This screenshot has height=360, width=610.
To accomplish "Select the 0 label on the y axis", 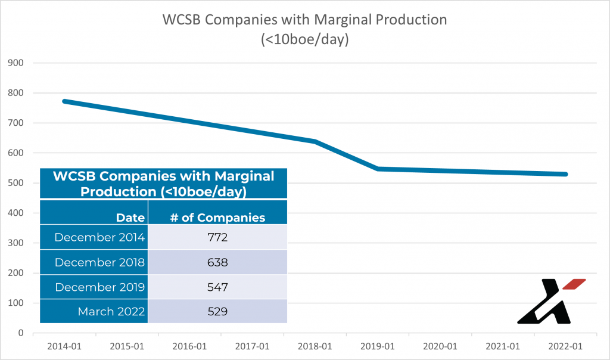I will coord(20,333).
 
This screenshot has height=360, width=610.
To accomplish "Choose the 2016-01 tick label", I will coord(188,346).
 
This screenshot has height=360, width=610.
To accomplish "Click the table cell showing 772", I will coord(217,237).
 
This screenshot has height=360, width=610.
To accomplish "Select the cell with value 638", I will coord(217,262).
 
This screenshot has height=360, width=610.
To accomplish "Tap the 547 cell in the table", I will coord(217,287).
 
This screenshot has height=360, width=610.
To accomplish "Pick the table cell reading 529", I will coord(217,311).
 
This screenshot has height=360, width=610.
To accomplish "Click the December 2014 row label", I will coord(99,237).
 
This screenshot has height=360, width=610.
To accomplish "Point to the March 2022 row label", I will coord(111,311).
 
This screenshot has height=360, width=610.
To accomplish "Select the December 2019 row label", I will coord(99,287).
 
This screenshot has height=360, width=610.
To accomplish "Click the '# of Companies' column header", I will coord(217,218).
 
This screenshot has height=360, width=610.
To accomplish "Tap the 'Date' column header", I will coord(130,218).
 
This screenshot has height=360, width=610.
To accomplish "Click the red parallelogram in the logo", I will coord(574,284).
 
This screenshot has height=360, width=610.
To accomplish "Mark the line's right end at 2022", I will coord(565,174).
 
